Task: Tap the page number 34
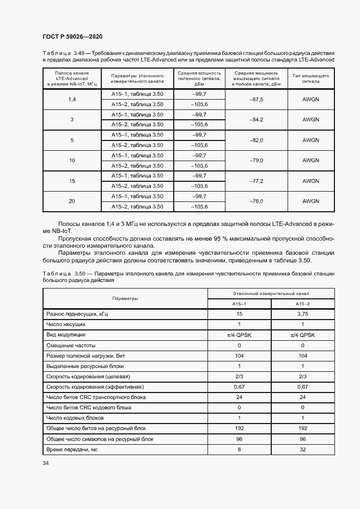coord(46,463)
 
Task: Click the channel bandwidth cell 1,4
coord(72,100)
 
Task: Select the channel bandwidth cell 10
coord(72,161)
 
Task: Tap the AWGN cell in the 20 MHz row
coord(310,201)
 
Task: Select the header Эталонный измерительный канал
coord(271,293)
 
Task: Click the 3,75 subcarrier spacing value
coord(302,315)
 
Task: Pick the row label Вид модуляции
coord(66,335)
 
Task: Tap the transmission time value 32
coord(302,449)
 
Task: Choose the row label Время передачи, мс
coord(72,449)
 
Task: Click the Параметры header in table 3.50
coord(125,299)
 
